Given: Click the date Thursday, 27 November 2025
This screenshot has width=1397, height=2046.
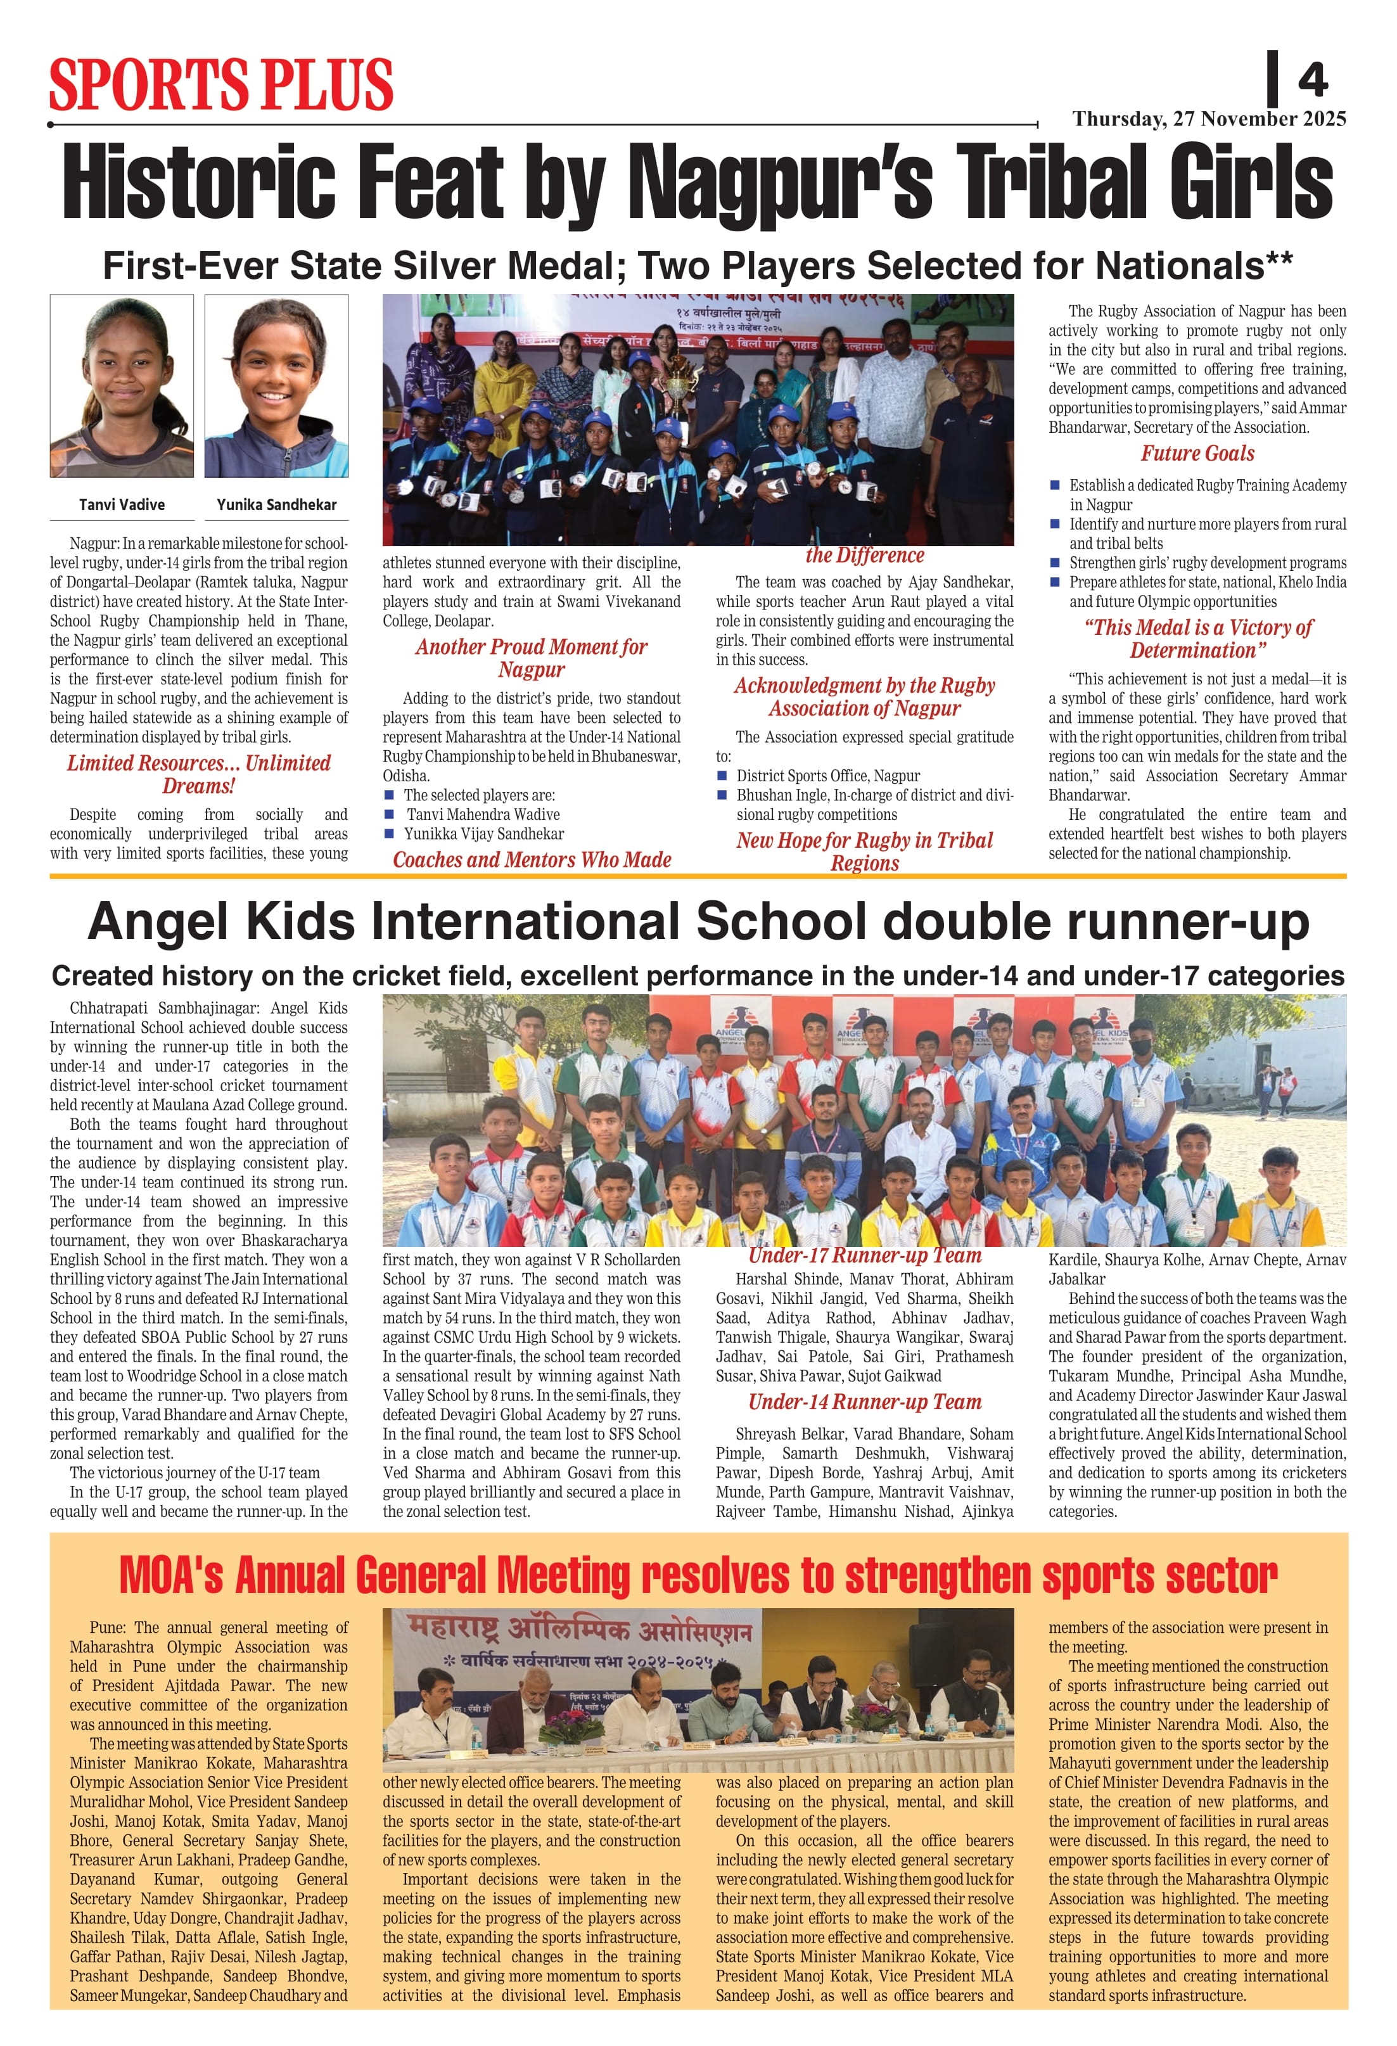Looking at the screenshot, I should click(1209, 119).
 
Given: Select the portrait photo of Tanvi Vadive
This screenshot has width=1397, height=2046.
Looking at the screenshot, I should click(122, 386).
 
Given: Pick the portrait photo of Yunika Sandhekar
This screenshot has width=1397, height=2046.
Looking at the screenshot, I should click(276, 386).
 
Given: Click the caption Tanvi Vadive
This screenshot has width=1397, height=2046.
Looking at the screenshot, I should click(122, 504).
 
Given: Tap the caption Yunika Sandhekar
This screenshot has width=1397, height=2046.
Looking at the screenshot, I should click(276, 504).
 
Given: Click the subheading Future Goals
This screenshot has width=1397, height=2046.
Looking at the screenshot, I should click(1197, 454).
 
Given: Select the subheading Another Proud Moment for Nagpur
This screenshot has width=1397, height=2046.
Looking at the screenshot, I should click(531, 658).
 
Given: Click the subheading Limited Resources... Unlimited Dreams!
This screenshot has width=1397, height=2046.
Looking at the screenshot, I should click(199, 774).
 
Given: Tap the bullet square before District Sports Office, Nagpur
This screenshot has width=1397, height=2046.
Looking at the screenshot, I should click(722, 776).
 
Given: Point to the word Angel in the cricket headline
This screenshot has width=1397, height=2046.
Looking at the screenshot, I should click(158, 922).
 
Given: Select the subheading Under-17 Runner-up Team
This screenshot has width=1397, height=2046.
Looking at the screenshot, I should click(864, 1255).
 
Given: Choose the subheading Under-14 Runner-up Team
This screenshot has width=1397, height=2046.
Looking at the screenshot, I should click(864, 1402).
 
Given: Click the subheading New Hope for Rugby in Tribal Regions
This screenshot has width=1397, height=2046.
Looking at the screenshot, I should click(864, 852).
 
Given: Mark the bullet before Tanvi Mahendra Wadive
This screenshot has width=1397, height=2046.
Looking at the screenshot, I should click(389, 814).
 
